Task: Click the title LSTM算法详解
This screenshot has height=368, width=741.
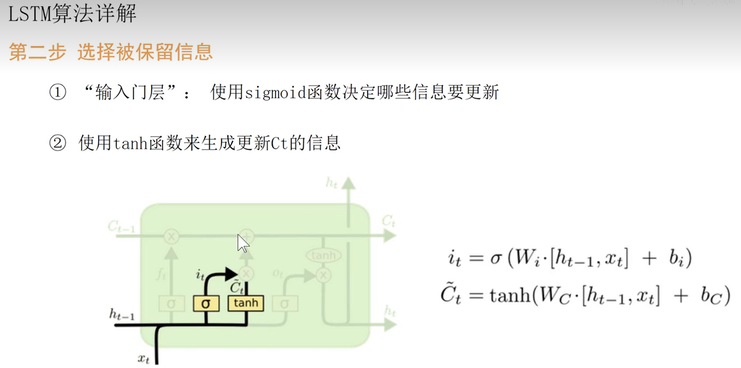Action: pos(72,13)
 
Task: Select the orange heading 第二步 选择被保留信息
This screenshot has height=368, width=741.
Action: pos(110,52)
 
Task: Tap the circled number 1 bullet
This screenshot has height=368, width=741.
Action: pos(58,92)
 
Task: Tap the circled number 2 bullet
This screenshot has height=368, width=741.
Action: pos(58,143)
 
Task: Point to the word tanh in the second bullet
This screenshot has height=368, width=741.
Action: pos(130,143)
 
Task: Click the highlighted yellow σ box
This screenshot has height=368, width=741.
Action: pos(206,303)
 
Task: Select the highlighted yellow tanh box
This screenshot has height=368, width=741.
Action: pos(246,303)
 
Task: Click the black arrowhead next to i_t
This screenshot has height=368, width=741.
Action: pos(231,274)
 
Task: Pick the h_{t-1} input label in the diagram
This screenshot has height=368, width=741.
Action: pos(122,315)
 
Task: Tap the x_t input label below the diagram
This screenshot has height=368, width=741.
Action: pos(144,358)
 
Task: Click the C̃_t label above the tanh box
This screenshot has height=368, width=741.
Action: pos(236,287)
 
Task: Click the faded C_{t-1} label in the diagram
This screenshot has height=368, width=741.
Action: pos(121,226)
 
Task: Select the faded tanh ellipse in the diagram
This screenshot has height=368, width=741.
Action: pos(323,255)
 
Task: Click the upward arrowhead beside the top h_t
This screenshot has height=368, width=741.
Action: pos(348,183)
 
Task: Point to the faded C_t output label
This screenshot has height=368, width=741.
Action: pos(388,222)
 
